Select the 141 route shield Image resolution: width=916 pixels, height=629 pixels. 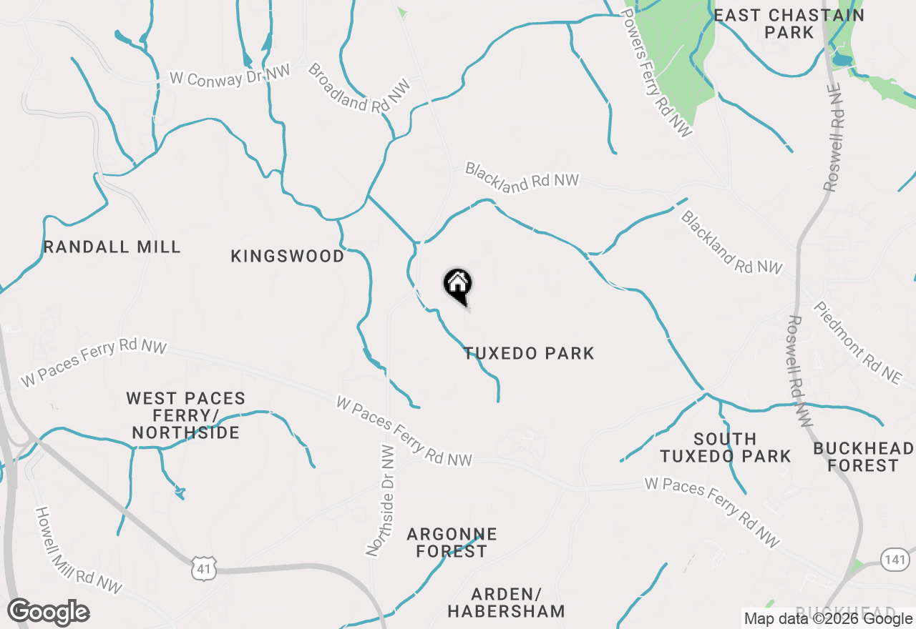[895, 558]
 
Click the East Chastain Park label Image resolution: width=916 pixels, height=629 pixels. [789, 24]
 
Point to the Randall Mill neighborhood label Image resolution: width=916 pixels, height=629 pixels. [112, 247]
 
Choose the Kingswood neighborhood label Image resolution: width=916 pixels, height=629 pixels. [288, 256]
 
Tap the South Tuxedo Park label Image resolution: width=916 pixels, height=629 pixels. [725, 447]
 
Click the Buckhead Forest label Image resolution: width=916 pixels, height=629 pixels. [863, 457]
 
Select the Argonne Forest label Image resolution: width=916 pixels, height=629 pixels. [452, 543]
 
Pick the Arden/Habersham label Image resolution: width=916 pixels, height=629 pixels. [507, 603]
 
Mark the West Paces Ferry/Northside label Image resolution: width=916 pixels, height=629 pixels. [185, 415]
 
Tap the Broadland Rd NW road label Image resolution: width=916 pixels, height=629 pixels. [360, 88]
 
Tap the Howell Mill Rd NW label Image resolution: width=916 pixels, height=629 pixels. [79, 550]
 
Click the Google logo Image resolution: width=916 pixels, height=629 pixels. [49, 613]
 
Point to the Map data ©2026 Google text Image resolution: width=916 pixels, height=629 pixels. [828, 619]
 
